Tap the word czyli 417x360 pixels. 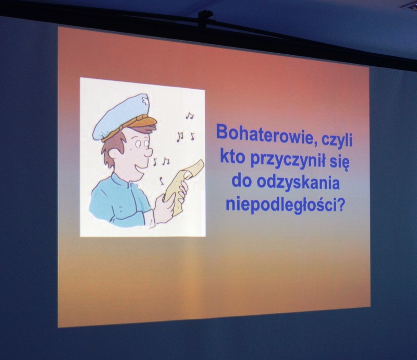[x=337, y=140]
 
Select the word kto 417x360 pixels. [x=232, y=157]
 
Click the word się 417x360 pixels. [x=341, y=163]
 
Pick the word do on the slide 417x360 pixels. [x=241, y=181]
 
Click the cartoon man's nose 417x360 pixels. [x=149, y=152]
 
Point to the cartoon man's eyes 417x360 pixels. [x=142, y=144]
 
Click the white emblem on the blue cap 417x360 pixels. [x=145, y=101]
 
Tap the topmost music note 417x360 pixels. [x=189, y=115]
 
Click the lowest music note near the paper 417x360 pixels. [x=161, y=181]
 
